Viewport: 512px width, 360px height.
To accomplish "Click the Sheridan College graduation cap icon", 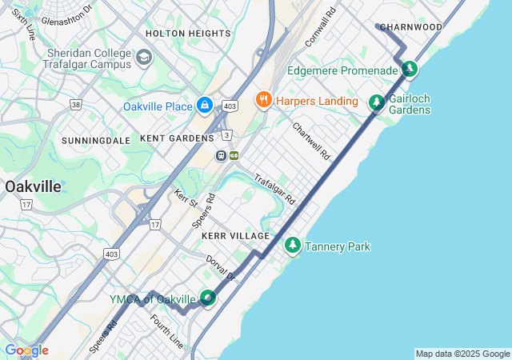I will click(x=144, y=58).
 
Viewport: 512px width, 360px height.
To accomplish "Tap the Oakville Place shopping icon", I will click(x=205, y=105).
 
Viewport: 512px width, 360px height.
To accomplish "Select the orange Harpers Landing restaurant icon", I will click(x=262, y=100).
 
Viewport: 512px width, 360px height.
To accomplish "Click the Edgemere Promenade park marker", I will click(x=409, y=70).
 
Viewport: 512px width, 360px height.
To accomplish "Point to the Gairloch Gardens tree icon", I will click(x=376, y=102).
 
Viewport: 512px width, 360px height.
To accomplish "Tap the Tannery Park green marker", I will click(x=293, y=245).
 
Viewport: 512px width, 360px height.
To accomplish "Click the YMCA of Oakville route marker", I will click(x=207, y=298).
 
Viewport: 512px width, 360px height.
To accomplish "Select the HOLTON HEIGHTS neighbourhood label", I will click(x=188, y=34).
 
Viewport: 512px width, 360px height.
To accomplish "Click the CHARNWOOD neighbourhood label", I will click(x=411, y=27).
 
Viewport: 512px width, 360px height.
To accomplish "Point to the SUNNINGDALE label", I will click(x=96, y=140).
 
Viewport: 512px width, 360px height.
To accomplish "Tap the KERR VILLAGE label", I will click(x=236, y=236).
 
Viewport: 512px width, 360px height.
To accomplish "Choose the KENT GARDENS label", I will click(x=177, y=138).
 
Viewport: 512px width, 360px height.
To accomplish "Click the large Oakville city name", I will click(x=32, y=186).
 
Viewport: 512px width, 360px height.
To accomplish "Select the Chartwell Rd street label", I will click(x=311, y=141).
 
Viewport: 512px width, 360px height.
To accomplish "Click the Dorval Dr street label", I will click(x=222, y=268).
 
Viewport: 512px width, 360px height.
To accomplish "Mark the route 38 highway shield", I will click(x=76, y=104).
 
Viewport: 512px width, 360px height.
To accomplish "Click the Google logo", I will click(x=26, y=350).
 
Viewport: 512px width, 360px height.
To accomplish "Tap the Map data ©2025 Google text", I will click(x=462, y=354).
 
